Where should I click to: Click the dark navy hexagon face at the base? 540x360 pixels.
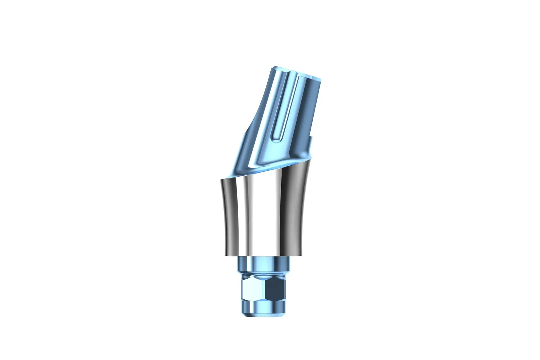pyautogui.click(x=276, y=290)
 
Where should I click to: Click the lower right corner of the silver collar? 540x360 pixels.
pyautogui.click(x=304, y=255)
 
